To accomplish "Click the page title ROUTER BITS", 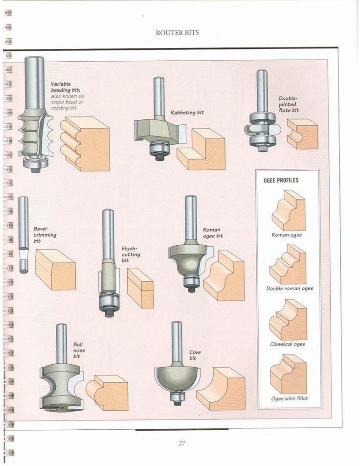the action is point(178,33).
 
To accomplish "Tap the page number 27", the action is point(182,443).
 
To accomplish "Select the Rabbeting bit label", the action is point(187,113).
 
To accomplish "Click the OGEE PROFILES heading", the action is point(281,181).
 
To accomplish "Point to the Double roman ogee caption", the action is point(290,289).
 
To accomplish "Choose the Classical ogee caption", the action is point(288,344).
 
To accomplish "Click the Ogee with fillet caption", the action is point(290,398).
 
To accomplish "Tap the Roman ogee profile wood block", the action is point(289,210).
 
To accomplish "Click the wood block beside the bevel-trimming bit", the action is point(55,269).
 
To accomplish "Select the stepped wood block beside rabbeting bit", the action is point(201,149).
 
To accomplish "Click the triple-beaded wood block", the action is point(85,143).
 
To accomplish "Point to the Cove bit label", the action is point(195,355).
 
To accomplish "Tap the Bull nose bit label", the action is point(79,350).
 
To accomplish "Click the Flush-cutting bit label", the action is point(131,255).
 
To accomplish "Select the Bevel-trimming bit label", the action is point(45,235).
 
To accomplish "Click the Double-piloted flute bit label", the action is point(289,104).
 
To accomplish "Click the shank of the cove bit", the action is point(177,342).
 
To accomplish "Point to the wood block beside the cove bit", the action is point(221,389).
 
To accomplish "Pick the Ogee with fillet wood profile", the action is point(289,374).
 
